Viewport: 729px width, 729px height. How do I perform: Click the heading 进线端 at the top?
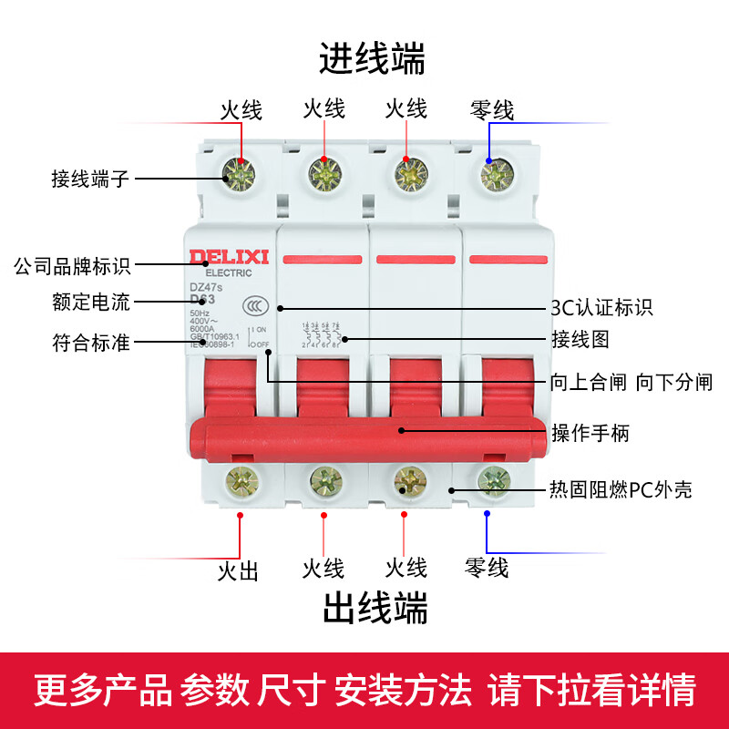pyautogui.click(x=371, y=60)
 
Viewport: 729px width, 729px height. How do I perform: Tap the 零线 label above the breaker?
pyautogui.click(x=492, y=111)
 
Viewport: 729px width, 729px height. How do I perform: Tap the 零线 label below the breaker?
pyautogui.click(x=487, y=568)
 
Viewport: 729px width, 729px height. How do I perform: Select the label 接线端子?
pyautogui.click(x=90, y=179)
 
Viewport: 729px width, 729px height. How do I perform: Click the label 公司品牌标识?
pyautogui.click(x=72, y=266)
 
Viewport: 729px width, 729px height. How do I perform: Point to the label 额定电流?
pyautogui.click(x=91, y=302)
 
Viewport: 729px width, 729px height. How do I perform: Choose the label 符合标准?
pyautogui.click(x=91, y=344)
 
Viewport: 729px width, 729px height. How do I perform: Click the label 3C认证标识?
pyautogui.click(x=602, y=307)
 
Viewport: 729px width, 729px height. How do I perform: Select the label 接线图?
pyautogui.click(x=580, y=340)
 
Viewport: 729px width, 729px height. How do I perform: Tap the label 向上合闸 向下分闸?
pyautogui.click(x=631, y=382)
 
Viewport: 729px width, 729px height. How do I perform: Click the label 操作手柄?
pyautogui.click(x=590, y=431)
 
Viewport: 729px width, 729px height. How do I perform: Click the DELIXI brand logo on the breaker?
pyautogui.click(x=229, y=258)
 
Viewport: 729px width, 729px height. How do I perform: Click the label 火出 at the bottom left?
pyautogui.click(x=238, y=571)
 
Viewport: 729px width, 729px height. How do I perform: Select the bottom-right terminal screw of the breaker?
pyautogui.click(x=493, y=478)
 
